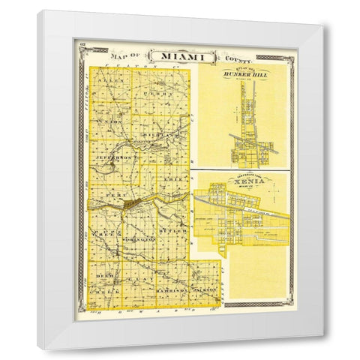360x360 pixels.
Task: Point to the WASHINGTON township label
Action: click(137, 238)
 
